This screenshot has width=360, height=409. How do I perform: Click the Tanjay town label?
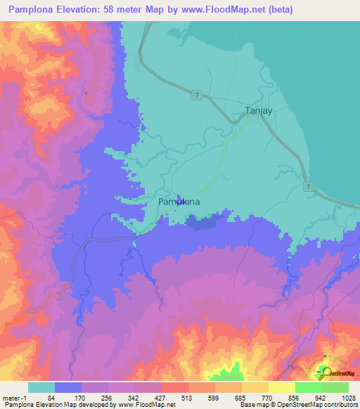[258, 111]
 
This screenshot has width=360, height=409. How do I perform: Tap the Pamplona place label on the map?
[179, 202]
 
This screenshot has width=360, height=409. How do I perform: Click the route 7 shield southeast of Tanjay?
[309, 186]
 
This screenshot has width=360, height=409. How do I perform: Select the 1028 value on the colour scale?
[347, 397]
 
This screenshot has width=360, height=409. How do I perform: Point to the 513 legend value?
[186, 397]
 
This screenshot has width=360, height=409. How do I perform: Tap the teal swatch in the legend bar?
[41, 387]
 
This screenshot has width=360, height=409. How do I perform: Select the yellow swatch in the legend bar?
[281, 387]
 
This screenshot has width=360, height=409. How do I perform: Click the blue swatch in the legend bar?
[68, 387]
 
